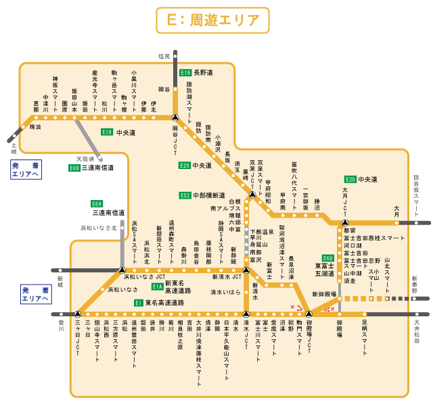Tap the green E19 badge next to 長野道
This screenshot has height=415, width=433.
coord(185,72)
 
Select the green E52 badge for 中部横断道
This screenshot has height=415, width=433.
coord(185,195)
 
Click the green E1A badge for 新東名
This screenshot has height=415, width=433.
coord(156,287)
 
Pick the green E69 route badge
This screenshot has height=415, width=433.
coord(97,203)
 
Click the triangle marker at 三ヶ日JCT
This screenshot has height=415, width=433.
coord(78,314)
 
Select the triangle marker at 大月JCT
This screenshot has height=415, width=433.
coord(345,222)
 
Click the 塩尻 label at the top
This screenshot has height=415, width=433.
coord(164,57)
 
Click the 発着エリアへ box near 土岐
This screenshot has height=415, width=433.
coord(26,170)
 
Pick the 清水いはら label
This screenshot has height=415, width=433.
coord(225,292)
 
